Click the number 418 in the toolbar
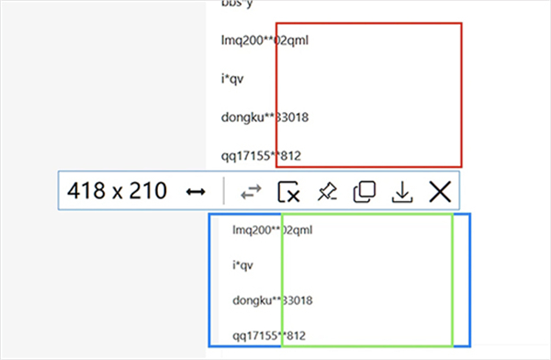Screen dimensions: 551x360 [85, 191]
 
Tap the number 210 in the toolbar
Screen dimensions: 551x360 [147, 191]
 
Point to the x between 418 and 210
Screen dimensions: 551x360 [116, 193]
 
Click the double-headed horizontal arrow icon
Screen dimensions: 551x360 [195, 191]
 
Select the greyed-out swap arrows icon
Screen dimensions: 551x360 [251, 191]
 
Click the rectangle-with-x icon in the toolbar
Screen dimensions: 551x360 [288, 191]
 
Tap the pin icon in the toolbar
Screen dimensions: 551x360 [327, 191]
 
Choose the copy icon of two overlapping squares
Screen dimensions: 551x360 [365, 191]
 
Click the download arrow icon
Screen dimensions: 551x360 [401, 191]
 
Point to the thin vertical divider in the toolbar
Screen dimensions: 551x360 [224, 191]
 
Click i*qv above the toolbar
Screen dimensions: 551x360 [231, 79]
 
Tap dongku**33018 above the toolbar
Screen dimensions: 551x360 [263, 117]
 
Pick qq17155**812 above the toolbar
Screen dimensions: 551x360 [262, 153]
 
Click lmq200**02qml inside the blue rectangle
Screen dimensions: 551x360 [273, 230]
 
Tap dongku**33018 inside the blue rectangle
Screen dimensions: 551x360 [275, 300]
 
